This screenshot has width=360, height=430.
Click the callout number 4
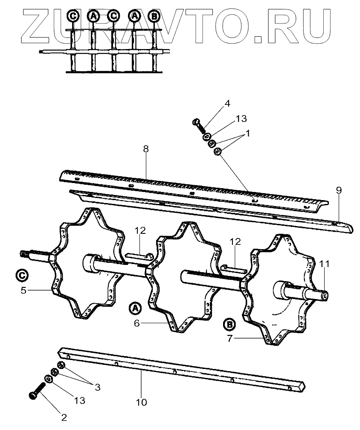coord(227,103)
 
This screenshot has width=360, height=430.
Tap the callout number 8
coord(146,149)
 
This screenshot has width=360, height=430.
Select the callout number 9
coord(338,191)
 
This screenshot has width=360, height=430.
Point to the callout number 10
coord(141,402)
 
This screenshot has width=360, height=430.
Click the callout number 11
coord(325,264)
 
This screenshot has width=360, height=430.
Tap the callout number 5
coord(24,291)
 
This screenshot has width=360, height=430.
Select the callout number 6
coord(136,323)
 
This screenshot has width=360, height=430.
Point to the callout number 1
coord(248,133)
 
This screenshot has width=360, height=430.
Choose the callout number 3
coord(97,387)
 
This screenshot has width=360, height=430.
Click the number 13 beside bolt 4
coord(241,118)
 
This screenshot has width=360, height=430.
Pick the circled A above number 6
coord(135,308)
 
